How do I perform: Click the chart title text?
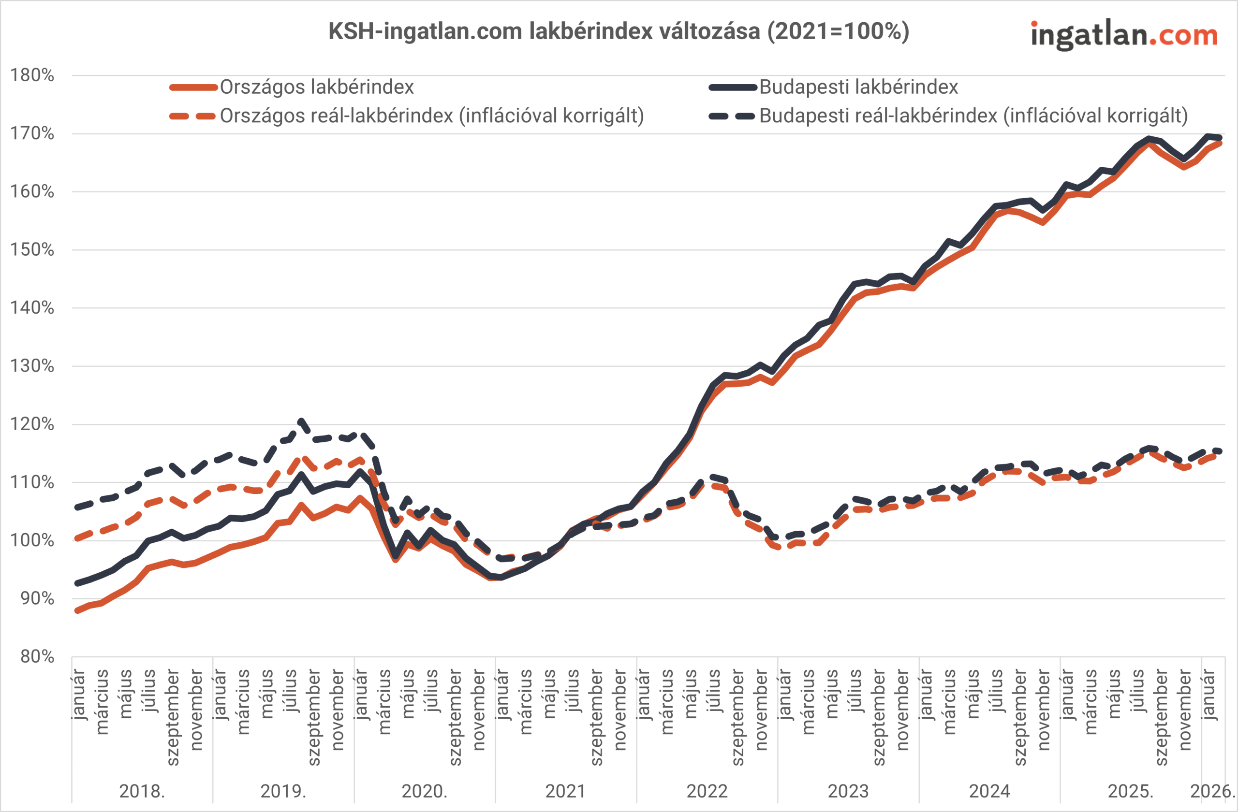pyautogui.click(x=619, y=31)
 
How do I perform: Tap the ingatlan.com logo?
pyautogui.click(x=1123, y=35)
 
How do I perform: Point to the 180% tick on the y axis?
pyautogui.click(x=32, y=75)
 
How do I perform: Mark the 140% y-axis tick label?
pyautogui.click(x=32, y=308)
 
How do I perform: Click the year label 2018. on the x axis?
pyautogui.click(x=142, y=791)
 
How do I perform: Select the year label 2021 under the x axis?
pyautogui.click(x=565, y=791)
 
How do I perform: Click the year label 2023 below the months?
pyautogui.click(x=848, y=791)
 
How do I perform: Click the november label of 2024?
pyautogui.click(x=1044, y=710)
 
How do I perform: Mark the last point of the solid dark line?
pyautogui.click(x=1219, y=137)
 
